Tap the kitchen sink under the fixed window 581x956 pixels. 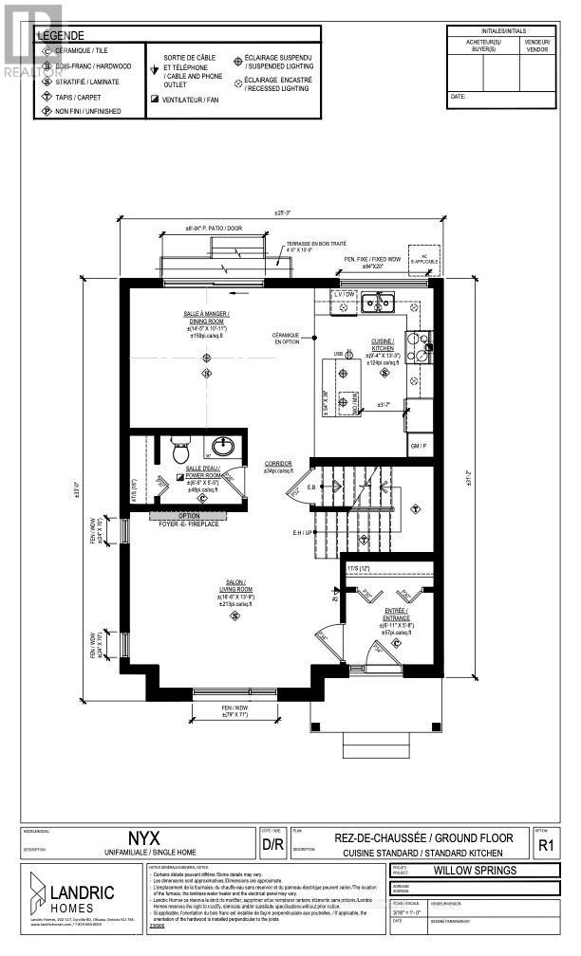click(381, 304)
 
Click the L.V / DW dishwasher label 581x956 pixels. click(343, 296)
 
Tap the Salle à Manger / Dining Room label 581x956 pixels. click(207, 322)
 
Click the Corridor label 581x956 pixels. click(278, 467)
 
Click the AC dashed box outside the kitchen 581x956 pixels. click(419, 259)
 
